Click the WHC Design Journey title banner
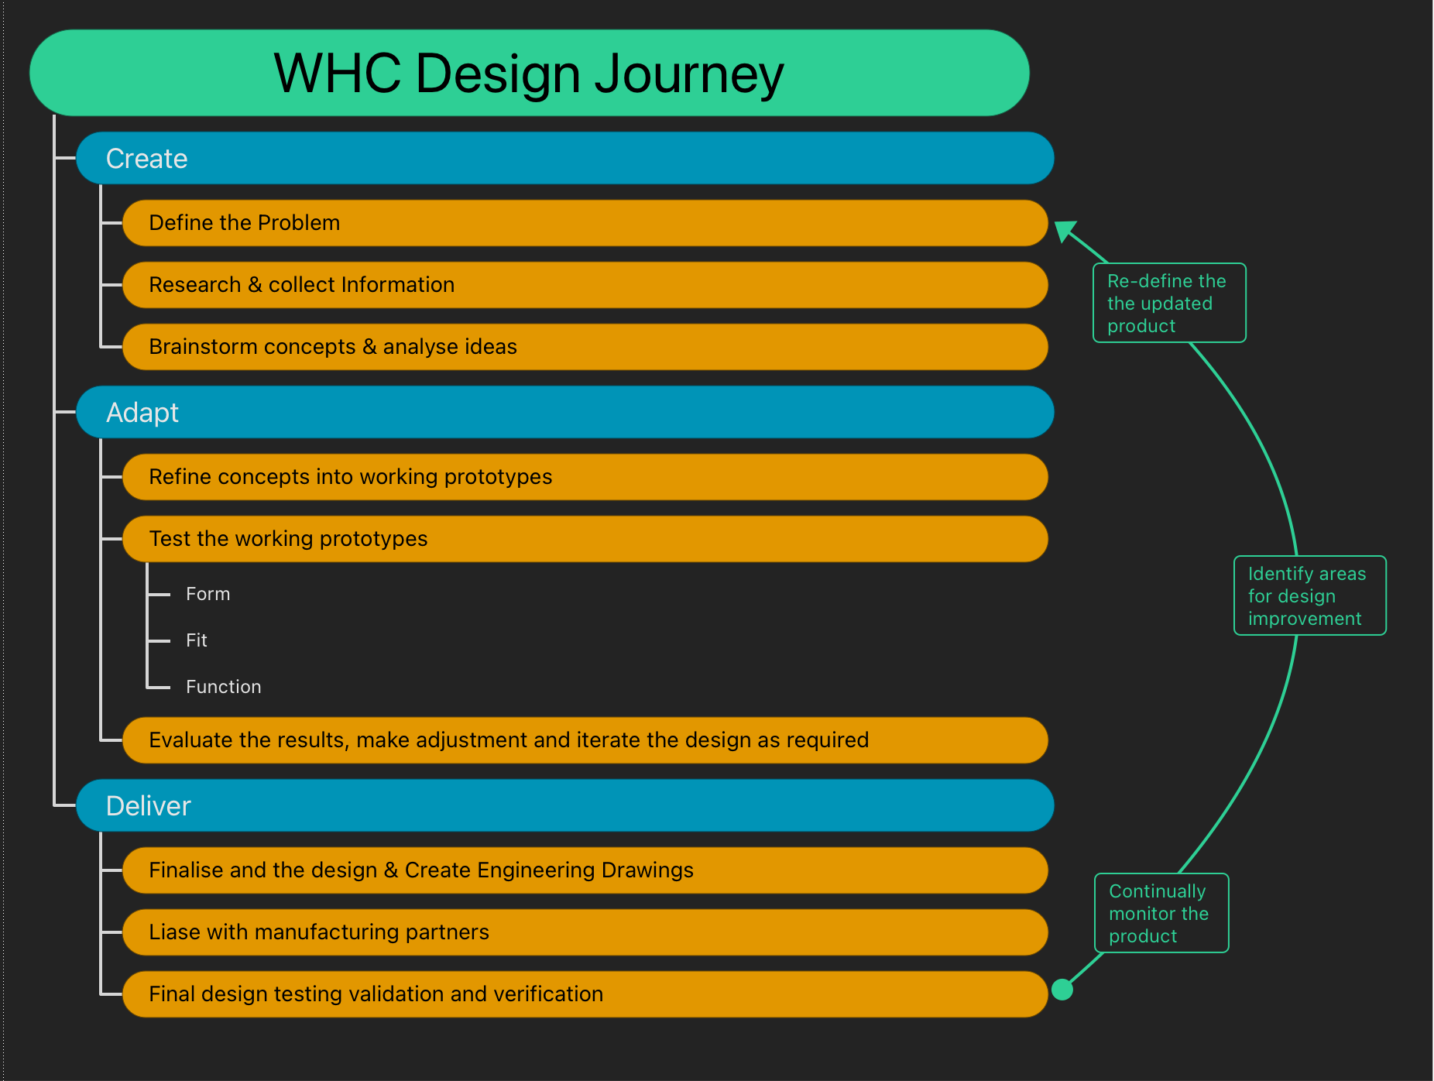pyautogui.click(x=530, y=73)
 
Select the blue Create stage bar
pyautogui.click(x=565, y=158)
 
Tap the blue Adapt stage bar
pyautogui.click(x=565, y=412)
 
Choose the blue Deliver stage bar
pyautogui.click(x=565, y=805)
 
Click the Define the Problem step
pyautogui.click(x=585, y=223)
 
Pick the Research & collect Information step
pyautogui.click(x=585, y=285)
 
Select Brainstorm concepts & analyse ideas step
pyautogui.click(x=585, y=347)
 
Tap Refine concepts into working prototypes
pyautogui.click(x=585, y=477)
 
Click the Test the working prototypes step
pyautogui.click(x=585, y=539)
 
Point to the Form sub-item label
pyautogui.click(x=208, y=594)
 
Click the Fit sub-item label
pyautogui.click(x=197, y=640)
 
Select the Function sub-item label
pyautogui.click(x=223, y=687)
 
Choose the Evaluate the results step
pyautogui.click(x=585, y=740)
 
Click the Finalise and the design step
pyautogui.click(x=585, y=870)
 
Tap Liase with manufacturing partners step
pyautogui.click(x=585, y=932)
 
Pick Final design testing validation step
pyautogui.click(x=585, y=994)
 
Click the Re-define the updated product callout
pyautogui.click(x=1169, y=303)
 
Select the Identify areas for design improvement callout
pyautogui.click(x=1310, y=595)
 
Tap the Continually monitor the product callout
pyautogui.click(x=1161, y=913)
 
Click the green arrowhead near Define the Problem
pyautogui.click(x=1065, y=231)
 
